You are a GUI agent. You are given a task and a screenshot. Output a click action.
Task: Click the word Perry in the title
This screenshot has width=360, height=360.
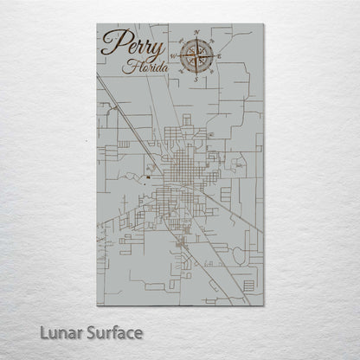pyautogui.click(x=128, y=42)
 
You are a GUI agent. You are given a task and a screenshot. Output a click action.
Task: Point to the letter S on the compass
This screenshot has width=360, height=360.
pyautogui.click(x=197, y=80)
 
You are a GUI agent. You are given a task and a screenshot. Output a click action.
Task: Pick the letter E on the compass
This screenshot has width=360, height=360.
pyautogui.click(x=220, y=56)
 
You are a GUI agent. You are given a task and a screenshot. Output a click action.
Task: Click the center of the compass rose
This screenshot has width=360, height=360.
pyautogui.click(x=197, y=56)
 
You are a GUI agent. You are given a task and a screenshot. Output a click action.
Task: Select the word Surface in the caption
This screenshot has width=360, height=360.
pyautogui.click(x=112, y=331)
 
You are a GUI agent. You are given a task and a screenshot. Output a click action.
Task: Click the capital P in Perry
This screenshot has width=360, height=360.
pyautogui.click(x=111, y=42)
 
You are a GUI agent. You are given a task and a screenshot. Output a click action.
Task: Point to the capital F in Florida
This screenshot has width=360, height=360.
pyautogui.click(x=127, y=65)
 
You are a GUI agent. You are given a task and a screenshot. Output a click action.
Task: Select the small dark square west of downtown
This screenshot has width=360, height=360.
pyautogui.click(x=148, y=178)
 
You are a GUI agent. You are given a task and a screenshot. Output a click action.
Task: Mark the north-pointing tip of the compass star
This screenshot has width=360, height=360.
pyautogui.click(x=197, y=40)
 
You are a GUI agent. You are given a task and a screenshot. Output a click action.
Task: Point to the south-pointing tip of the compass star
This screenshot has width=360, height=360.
pyautogui.click(x=197, y=74)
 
